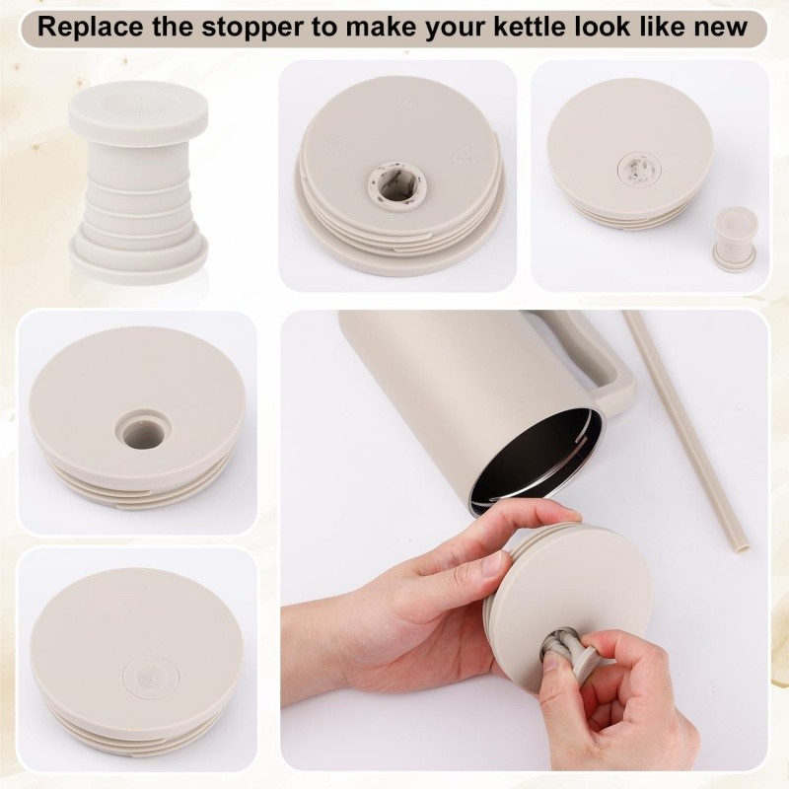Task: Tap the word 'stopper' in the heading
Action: [x=252, y=28]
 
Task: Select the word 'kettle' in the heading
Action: [x=530, y=27]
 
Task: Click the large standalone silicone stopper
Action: [x=138, y=183]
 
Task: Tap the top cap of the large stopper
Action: [x=138, y=113]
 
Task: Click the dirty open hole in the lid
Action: [x=397, y=185]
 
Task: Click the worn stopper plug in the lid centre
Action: [x=637, y=170]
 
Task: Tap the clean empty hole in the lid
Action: [x=143, y=431]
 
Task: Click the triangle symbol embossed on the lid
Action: [x=465, y=155]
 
